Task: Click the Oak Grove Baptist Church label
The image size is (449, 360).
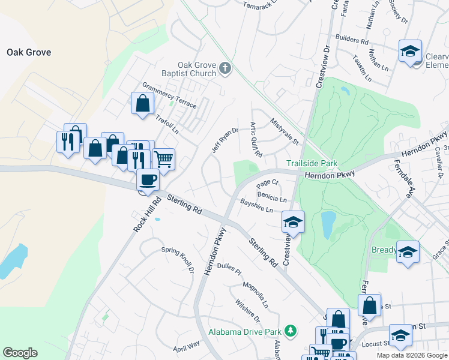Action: click(196, 69)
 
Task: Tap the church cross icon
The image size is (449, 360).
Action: click(225, 68)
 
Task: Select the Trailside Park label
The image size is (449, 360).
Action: click(312, 163)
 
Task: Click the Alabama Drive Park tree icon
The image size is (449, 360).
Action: click(291, 331)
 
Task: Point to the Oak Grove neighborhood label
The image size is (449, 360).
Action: click(29, 52)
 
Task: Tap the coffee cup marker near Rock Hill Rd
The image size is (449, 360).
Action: click(148, 179)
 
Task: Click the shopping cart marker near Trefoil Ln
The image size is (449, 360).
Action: click(163, 158)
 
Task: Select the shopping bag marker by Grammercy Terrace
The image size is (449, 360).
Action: click(142, 103)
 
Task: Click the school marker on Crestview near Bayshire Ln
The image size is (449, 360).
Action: click(293, 221)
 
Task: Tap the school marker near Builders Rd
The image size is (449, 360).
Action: click(410, 51)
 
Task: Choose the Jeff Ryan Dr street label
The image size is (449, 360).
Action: click(224, 139)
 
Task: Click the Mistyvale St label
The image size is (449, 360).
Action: click(284, 131)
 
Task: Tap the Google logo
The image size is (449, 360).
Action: click(20, 353)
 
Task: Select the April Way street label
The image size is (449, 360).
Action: click(186, 346)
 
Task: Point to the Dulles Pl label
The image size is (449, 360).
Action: click(229, 268)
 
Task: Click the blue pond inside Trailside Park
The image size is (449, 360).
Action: click(328, 225)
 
